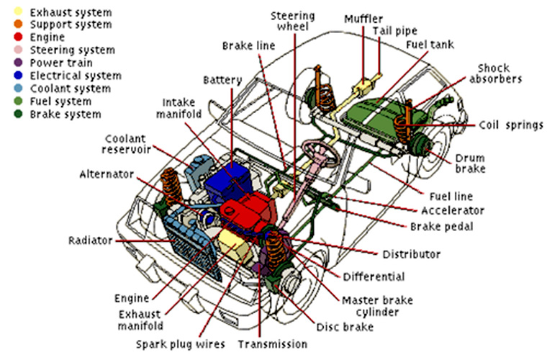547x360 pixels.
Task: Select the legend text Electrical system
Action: click(70, 76)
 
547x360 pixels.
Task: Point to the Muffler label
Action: click(364, 18)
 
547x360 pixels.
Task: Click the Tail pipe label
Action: click(395, 31)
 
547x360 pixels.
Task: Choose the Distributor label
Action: click(411, 254)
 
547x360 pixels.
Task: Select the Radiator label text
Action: click(90, 240)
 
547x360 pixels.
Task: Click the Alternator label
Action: click(107, 174)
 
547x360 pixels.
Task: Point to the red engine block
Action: click(248, 212)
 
